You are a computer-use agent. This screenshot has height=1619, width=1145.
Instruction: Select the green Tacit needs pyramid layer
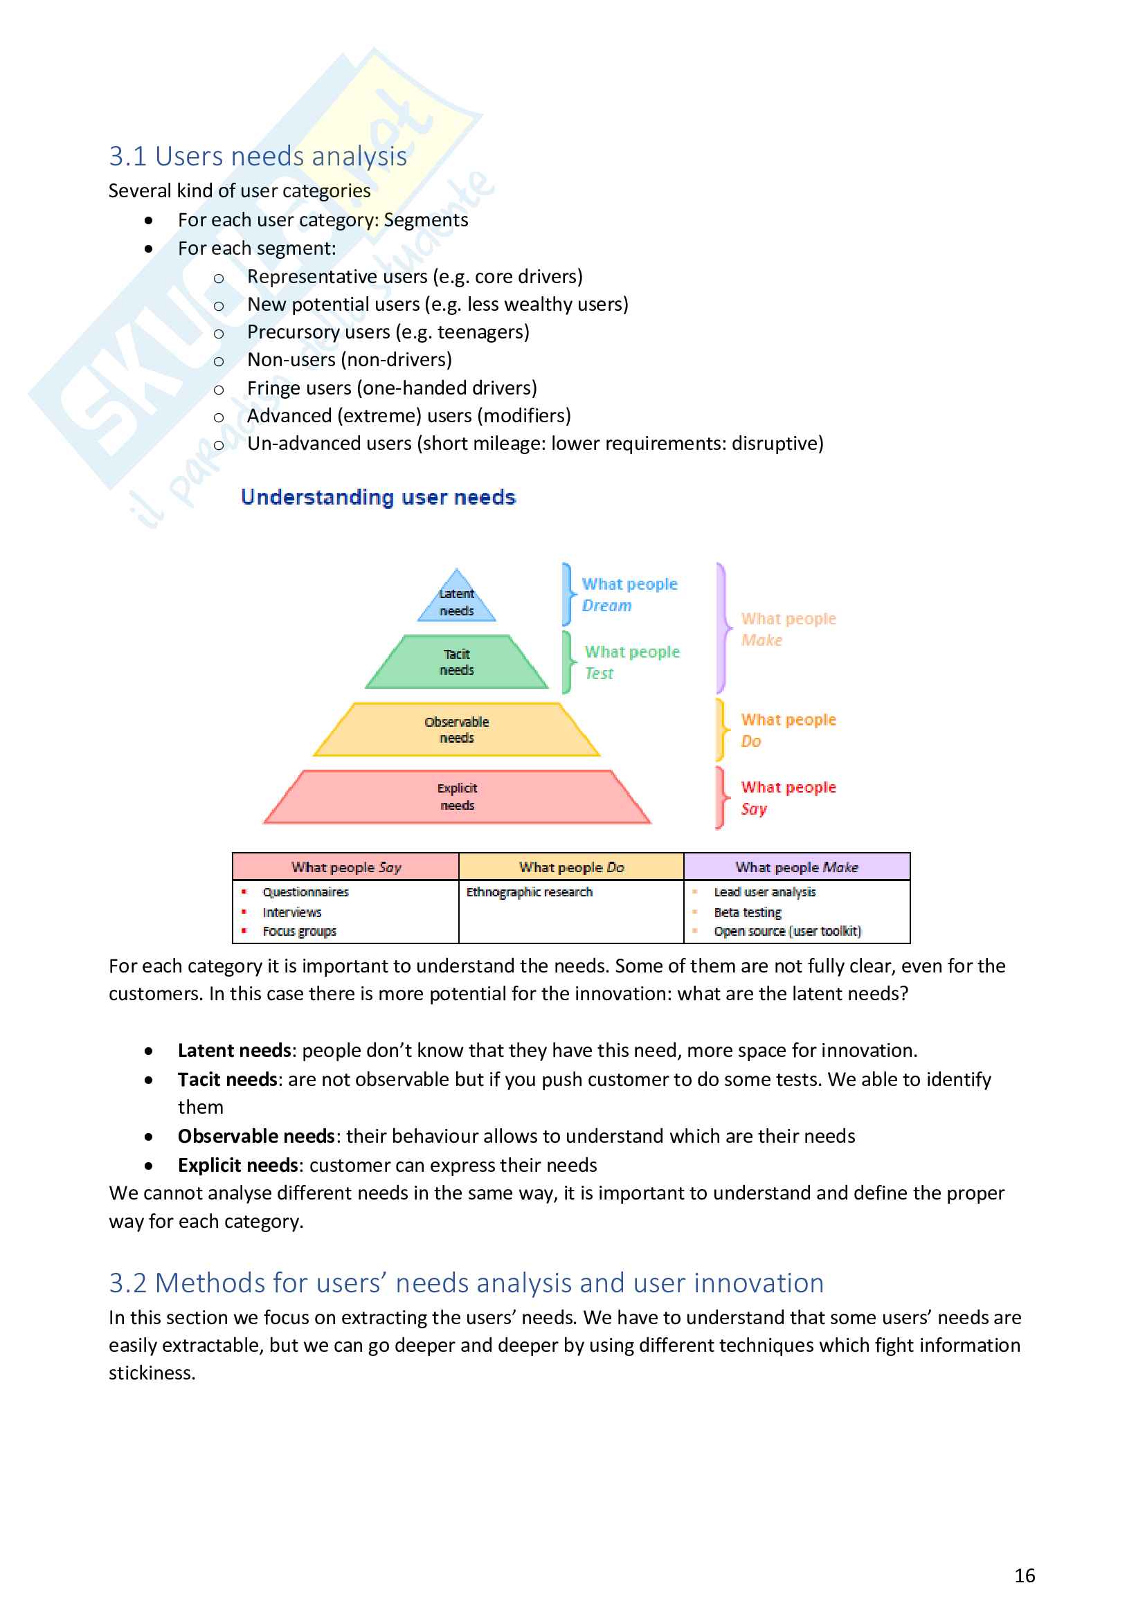click(457, 662)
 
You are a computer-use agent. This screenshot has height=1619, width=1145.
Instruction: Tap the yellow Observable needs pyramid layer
click(457, 730)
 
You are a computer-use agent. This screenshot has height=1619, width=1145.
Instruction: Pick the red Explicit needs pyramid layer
click(457, 797)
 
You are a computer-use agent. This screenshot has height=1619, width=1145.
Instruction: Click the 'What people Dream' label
click(629, 595)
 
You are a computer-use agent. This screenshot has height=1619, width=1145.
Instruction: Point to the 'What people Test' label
click(632, 662)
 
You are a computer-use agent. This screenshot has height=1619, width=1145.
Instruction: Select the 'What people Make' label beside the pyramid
click(788, 629)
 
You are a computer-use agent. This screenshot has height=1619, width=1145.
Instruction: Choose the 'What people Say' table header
click(346, 867)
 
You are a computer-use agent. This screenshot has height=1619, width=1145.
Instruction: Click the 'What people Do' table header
click(572, 867)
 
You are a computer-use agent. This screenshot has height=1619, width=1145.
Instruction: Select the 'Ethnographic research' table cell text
click(530, 892)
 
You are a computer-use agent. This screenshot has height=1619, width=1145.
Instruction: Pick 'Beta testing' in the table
click(748, 912)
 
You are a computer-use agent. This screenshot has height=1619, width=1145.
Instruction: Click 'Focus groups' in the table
click(300, 932)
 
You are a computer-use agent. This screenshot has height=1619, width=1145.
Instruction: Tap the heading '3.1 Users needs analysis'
click(258, 156)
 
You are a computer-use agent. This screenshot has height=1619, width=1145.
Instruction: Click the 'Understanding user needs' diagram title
click(378, 497)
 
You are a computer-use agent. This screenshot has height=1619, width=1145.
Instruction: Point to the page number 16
click(1025, 1575)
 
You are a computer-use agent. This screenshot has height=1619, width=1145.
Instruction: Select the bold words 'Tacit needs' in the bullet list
click(227, 1080)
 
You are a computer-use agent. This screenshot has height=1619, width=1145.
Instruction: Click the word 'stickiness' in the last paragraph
click(152, 1373)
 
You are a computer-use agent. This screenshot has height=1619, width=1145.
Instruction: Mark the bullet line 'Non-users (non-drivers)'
click(350, 360)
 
